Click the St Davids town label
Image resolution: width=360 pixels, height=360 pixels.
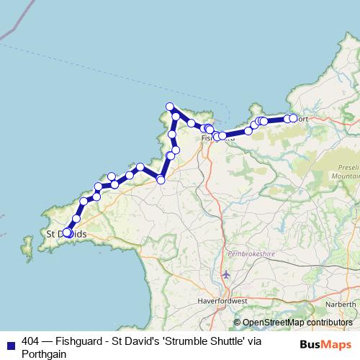[66, 234]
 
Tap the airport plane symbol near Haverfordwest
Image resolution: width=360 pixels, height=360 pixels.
[227, 274]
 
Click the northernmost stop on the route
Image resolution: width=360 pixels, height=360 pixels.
[171, 107]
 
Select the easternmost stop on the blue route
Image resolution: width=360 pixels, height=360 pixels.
[293, 118]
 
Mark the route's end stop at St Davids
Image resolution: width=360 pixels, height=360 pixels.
[67, 233]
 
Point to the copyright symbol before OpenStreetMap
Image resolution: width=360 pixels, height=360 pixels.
[237, 323]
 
